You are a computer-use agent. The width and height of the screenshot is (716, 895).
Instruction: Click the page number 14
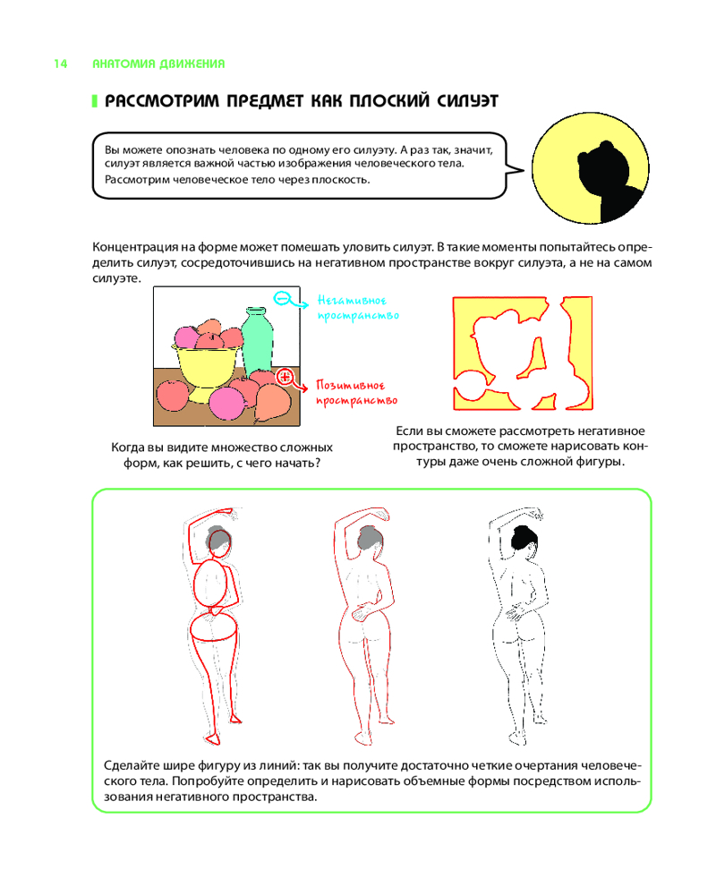click(x=61, y=64)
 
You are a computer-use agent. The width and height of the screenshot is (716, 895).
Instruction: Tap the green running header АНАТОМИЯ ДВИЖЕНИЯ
click(x=158, y=64)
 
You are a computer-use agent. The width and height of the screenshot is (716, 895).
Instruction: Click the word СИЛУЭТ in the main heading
click(x=467, y=101)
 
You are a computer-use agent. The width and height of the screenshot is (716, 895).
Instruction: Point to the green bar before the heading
click(x=95, y=102)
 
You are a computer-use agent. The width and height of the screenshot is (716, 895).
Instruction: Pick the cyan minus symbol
click(x=282, y=298)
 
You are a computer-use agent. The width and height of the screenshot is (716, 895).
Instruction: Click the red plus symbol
click(x=285, y=376)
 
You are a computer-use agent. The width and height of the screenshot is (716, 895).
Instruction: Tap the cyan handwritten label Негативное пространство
click(x=358, y=308)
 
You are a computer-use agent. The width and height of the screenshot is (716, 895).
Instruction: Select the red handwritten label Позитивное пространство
click(x=357, y=393)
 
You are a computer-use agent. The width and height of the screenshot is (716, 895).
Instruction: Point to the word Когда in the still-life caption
click(x=127, y=447)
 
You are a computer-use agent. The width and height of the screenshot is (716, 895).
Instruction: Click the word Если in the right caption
click(x=409, y=431)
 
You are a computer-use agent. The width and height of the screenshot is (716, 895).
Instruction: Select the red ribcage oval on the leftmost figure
click(x=214, y=584)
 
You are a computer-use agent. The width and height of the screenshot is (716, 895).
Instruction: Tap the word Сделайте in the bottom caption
click(x=132, y=765)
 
